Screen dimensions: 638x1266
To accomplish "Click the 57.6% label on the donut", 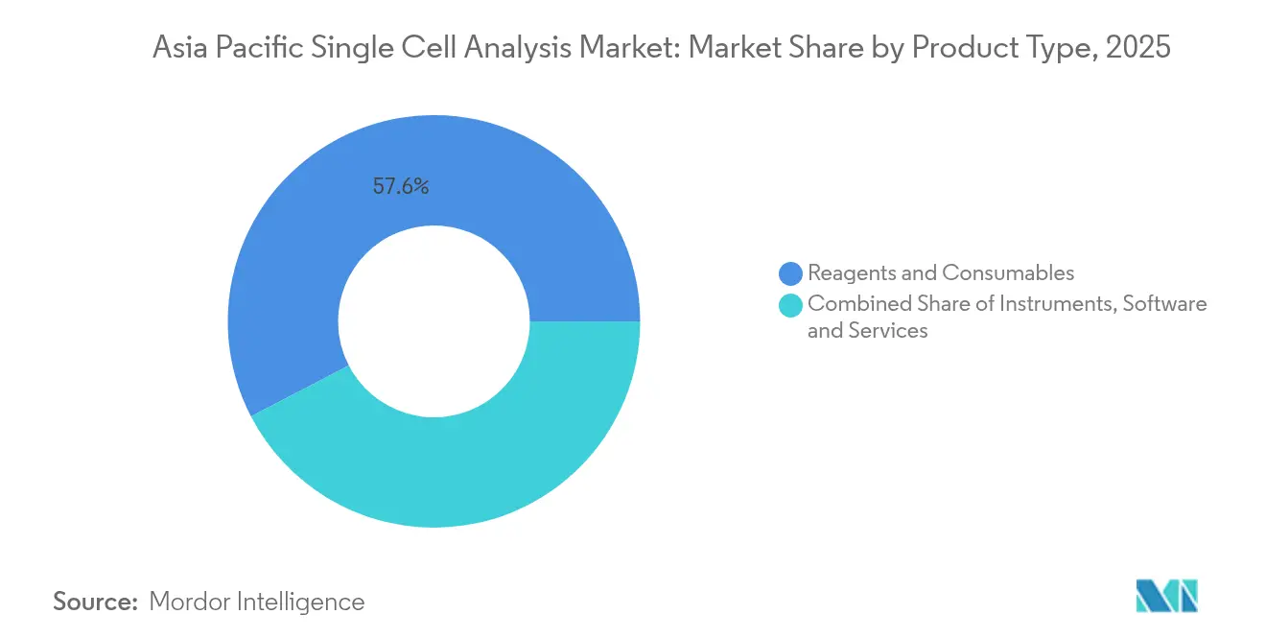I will click(401, 187).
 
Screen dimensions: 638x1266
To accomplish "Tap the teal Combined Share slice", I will click(451, 470).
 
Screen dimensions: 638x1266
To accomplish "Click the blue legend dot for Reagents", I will click(791, 273).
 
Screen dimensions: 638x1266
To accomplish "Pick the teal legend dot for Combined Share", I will click(791, 305).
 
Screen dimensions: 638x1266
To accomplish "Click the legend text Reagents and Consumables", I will click(940, 273).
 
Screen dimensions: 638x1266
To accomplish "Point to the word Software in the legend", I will click(1164, 304).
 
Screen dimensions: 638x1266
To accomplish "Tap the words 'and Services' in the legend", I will click(867, 331).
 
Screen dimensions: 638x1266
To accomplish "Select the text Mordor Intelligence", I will click(257, 602).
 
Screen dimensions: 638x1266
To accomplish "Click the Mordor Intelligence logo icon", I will click(1166, 596).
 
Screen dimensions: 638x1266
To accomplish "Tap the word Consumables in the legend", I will click(1008, 273).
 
